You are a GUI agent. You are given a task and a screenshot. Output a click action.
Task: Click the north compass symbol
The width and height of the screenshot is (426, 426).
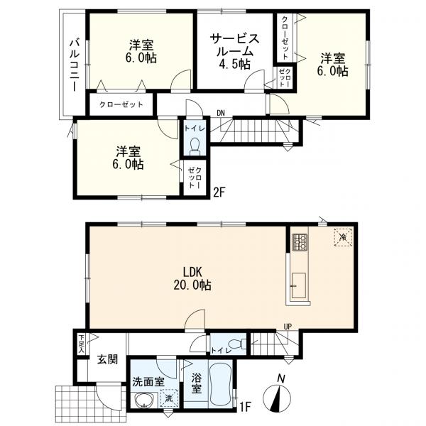(277, 398)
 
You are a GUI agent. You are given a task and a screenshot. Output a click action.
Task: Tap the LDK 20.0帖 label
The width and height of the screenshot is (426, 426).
(192, 278)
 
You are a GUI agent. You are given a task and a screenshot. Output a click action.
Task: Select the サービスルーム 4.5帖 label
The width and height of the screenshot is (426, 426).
(235, 51)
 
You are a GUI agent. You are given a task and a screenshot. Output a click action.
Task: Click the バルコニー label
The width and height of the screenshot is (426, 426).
(75, 65)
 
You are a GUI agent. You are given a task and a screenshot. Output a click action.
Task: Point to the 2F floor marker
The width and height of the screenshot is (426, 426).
(219, 192)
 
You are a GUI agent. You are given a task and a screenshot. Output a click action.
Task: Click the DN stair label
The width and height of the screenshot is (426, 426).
(221, 114)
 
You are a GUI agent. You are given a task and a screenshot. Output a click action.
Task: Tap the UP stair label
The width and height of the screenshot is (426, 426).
(288, 327)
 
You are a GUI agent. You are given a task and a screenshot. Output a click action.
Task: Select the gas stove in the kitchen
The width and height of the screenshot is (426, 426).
(300, 242)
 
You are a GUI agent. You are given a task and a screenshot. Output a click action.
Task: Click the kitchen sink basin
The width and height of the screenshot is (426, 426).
(299, 285)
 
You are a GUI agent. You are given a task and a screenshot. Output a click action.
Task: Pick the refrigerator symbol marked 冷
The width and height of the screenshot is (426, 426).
(343, 237)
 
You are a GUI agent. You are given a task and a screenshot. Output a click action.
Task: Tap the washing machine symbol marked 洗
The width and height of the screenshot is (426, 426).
(169, 398)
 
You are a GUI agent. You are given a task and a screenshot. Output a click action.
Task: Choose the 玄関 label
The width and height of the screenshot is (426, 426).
(108, 359)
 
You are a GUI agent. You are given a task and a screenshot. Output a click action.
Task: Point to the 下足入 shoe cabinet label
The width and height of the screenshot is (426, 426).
(81, 344)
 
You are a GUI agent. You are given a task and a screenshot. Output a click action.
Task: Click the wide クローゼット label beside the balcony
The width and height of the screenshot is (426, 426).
(121, 104)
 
